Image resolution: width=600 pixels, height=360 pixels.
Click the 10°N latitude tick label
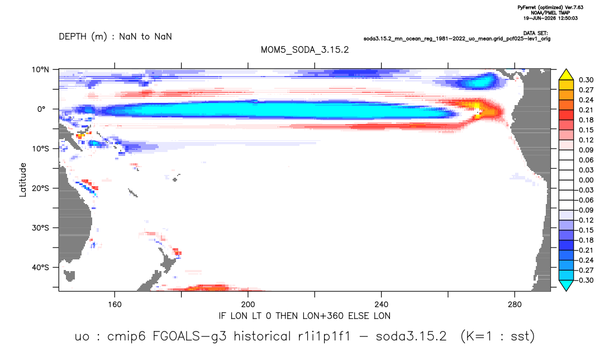click(40, 70)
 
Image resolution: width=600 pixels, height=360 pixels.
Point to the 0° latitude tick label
click(41, 109)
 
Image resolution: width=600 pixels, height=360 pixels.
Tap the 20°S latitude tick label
click(40, 188)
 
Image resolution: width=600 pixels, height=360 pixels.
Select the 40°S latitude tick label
click(40, 267)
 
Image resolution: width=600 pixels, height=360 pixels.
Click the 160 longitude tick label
click(115, 305)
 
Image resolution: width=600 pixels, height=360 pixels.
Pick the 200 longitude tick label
click(248, 305)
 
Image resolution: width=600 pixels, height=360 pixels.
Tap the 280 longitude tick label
click(515, 305)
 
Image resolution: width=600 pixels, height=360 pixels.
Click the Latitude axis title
click(23, 180)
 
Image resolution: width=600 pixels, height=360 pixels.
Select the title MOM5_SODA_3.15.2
click(304, 50)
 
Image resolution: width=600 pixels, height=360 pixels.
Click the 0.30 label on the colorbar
click(586, 80)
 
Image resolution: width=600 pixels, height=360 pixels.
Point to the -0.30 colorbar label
click(584, 280)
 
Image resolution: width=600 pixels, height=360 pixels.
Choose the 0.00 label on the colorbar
click(586, 180)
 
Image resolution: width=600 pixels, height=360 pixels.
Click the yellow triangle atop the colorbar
click(566, 75)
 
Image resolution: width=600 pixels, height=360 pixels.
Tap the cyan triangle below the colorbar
click(566, 285)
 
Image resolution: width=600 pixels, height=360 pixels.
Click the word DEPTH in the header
click(73, 37)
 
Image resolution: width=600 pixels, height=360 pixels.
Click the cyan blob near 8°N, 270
click(478, 82)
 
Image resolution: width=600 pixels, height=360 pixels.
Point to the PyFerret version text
click(550, 7)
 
